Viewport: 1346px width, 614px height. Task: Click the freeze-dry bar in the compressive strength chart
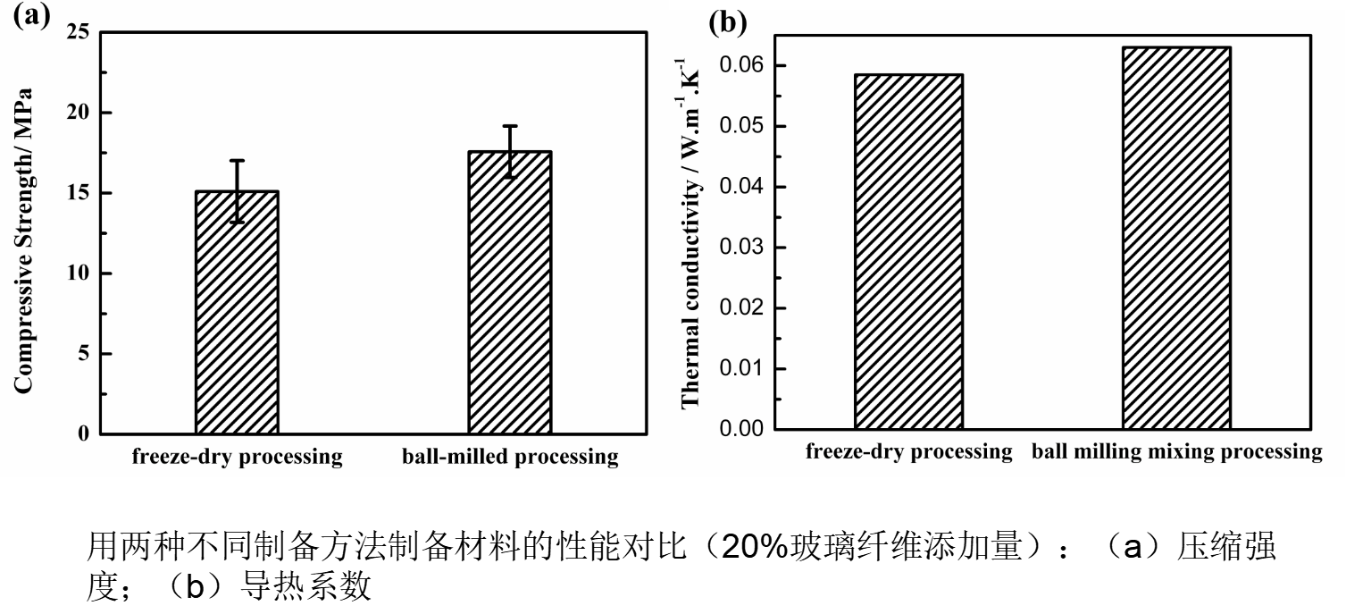pyautogui.click(x=237, y=313)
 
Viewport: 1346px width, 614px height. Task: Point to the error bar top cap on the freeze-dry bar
pyautogui.click(x=237, y=161)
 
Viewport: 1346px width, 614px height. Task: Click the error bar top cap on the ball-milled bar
pyautogui.click(x=510, y=126)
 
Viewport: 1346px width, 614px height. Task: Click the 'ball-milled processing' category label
pyautogui.click(x=509, y=458)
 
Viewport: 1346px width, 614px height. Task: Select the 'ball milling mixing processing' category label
pyautogui.click(x=1176, y=452)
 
